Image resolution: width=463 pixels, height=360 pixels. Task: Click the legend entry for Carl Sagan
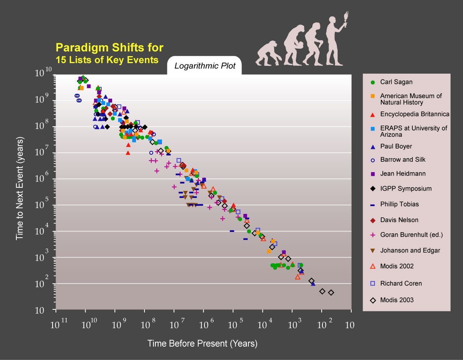pyautogui.click(x=396, y=82)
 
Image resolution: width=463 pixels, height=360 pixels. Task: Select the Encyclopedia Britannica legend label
pyautogui.click(x=415, y=114)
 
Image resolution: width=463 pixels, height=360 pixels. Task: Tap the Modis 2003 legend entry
pyautogui.click(x=397, y=300)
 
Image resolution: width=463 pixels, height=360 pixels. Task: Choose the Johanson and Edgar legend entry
pyautogui.click(x=410, y=251)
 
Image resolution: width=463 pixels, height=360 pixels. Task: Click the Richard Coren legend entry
pyautogui.click(x=401, y=283)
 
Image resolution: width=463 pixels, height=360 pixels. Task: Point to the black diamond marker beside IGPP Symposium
pyautogui.click(x=372, y=189)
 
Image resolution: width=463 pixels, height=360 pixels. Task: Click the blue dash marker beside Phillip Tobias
pyautogui.click(x=372, y=205)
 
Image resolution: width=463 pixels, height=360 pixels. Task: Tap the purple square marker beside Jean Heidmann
pyautogui.click(x=372, y=174)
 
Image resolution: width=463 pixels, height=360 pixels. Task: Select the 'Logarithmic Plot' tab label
pyautogui.click(x=205, y=66)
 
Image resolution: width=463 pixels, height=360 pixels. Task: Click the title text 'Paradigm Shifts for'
pyautogui.click(x=109, y=48)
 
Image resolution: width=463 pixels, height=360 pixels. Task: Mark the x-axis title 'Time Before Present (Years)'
pyautogui.click(x=202, y=343)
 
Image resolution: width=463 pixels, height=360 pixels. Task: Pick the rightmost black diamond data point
pyautogui.click(x=331, y=293)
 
